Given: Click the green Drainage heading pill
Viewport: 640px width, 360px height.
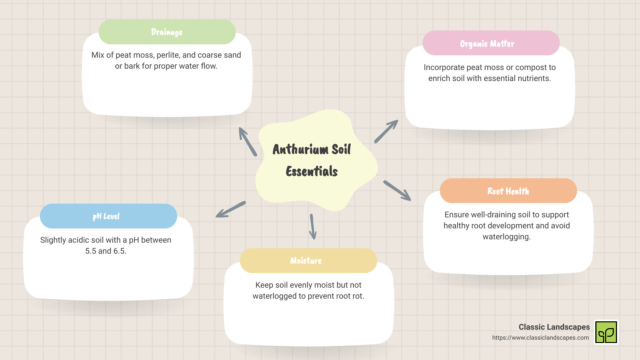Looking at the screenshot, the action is pyautogui.click(x=167, y=32).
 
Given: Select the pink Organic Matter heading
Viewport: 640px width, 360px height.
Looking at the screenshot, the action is pyautogui.click(x=491, y=43).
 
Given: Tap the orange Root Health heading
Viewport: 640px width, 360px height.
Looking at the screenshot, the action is pyautogui.click(x=508, y=191).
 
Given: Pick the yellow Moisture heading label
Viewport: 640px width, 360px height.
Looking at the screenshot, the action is pyautogui.click(x=308, y=261).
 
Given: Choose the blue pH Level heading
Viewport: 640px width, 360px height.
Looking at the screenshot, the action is pyautogui.click(x=108, y=216).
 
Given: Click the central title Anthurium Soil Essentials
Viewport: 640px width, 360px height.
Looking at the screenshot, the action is pyautogui.click(x=312, y=160).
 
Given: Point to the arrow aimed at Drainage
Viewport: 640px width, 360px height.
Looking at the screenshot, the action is pyautogui.click(x=248, y=141).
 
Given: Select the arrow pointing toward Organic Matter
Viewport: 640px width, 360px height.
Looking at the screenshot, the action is pyautogui.click(x=386, y=131).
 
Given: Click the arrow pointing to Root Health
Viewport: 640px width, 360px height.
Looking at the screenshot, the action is pyautogui.click(x=397, y=190).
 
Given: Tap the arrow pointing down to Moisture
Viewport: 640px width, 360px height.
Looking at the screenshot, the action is pyautogui.click(x=313, y=227).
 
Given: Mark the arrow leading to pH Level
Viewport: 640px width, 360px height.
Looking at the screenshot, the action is pyautogui.click(x=231, y=209).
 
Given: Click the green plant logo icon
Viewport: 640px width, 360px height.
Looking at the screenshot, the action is pyautogui.click(x=606, y=332).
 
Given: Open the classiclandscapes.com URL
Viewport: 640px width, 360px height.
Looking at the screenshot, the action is pyautogui.click(x=540, y=338).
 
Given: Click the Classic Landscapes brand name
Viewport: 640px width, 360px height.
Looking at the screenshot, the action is pyautogui.click(x=554, y=327).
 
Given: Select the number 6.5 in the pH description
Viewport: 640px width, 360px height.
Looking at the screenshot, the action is pyautogui.click(x=120, y=251).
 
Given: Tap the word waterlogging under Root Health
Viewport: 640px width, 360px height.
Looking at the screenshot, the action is pyautogui.click(x=507, y=237).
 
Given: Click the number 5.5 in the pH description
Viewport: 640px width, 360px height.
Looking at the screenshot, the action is pyautogui.click(x=91, y=251).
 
